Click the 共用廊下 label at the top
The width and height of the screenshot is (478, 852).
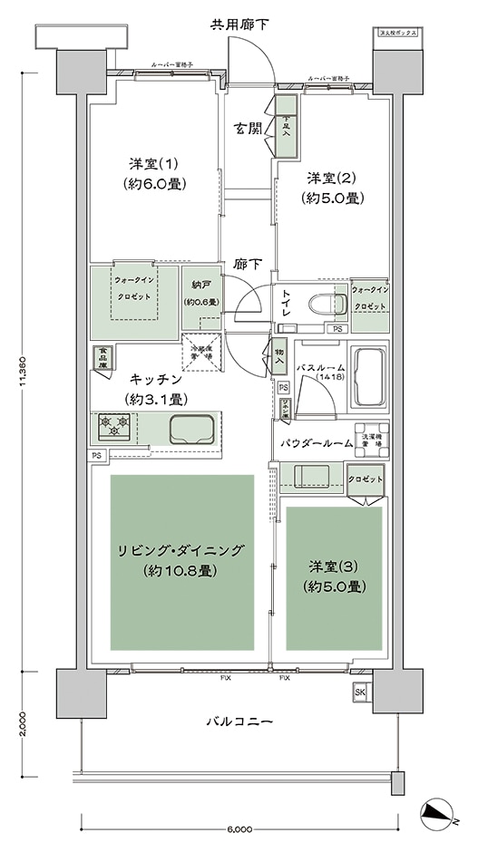[239, 23]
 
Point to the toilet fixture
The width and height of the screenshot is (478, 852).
[322, 305]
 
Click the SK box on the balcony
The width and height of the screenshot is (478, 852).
[360, 694]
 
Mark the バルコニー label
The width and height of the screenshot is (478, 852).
[238, 721]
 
